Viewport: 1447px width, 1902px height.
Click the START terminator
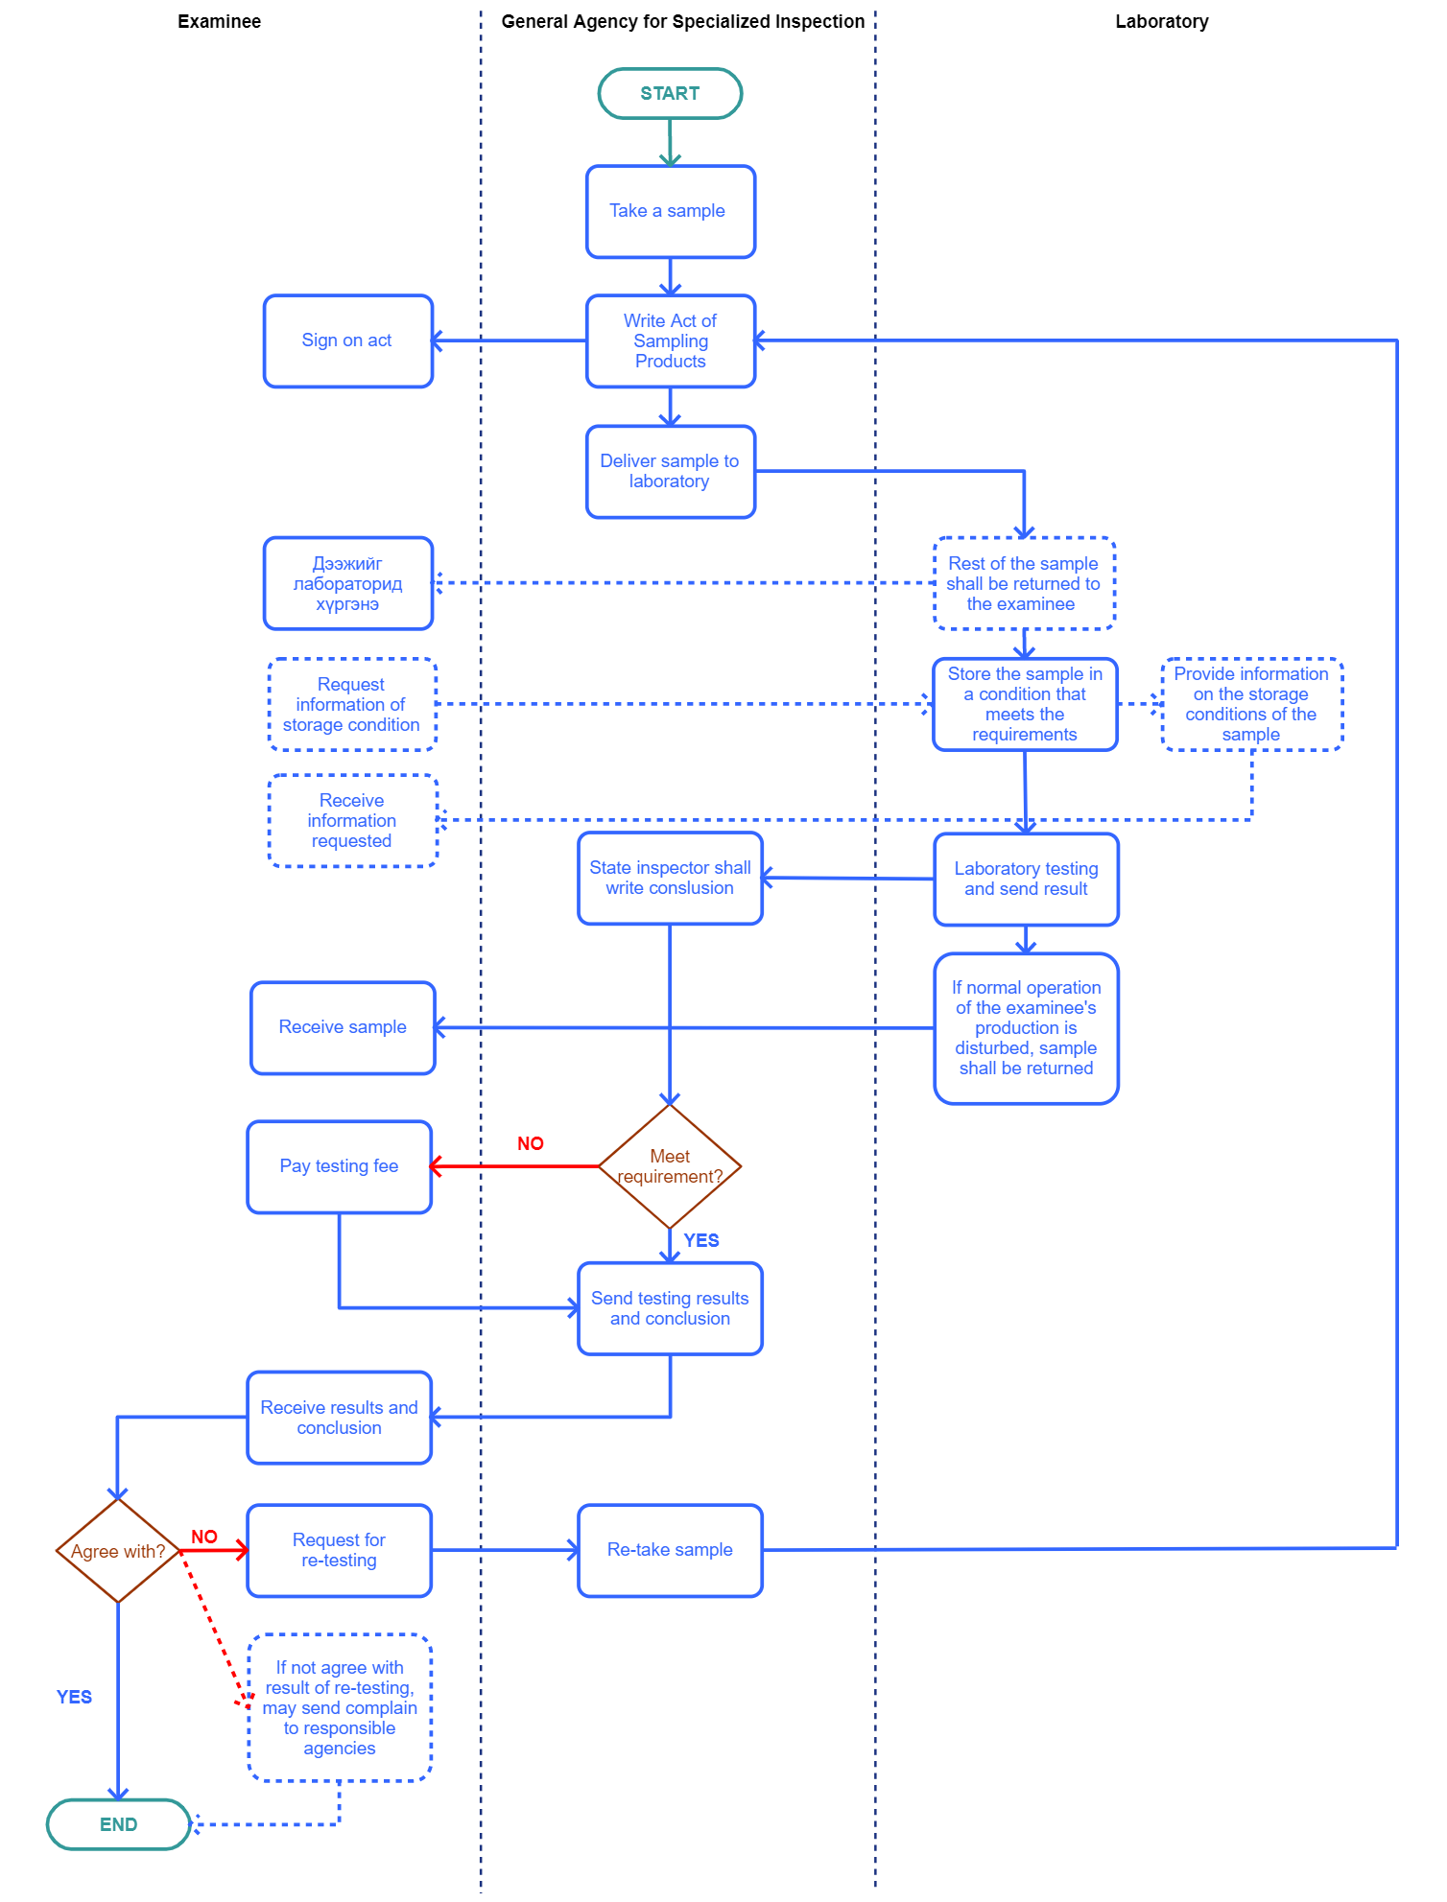pyautogui.click(x=670, y=93)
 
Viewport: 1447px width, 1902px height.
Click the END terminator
pyautogui.click(x=118, y=1823)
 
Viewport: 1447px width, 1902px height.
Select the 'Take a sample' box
pyautogui.click(x=670, y=211)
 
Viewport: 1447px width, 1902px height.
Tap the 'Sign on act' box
pyautogui.click(x=347, y=340)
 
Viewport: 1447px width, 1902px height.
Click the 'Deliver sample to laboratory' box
pyautogui.click(x=670, y=471)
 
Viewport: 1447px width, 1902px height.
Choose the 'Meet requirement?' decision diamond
pyautogui.click(x=670, y=1166)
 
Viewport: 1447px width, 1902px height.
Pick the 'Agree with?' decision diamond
pyautogui.click(x=118, y=1551)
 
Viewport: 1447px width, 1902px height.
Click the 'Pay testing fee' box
pyautogui.click(x=339, y=1166)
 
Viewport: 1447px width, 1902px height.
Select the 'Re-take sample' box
pyautogui.click(x=670, y=1550)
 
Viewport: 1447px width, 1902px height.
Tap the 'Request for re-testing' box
pyautogui.click(x=339, y=1550)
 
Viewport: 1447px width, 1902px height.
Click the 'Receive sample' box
pyautogui.click(x=343, y=1027)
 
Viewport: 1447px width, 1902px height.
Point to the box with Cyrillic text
pyautogui.click(x=347, y=583)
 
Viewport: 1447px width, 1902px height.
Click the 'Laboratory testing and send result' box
pyautogui.click(x=1026, y=879)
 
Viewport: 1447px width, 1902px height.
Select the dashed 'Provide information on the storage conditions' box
pyautogui.click(x=1251, y=704)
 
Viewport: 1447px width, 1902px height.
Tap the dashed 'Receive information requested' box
pyautogui.click(x=352, y=820)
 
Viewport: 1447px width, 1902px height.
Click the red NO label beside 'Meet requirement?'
pyautogui.click(x=531, y=1143)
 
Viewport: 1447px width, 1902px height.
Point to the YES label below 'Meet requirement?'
pyautogui.click(x=701, y=1240)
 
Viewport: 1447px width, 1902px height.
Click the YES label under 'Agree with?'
pyautogui.click(x=74, y=1697)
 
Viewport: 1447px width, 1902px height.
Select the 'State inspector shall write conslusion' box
pyautogui.click(x=670, y=878)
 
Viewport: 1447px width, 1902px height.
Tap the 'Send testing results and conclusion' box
pyautogui.click(x=670, y=1308)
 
